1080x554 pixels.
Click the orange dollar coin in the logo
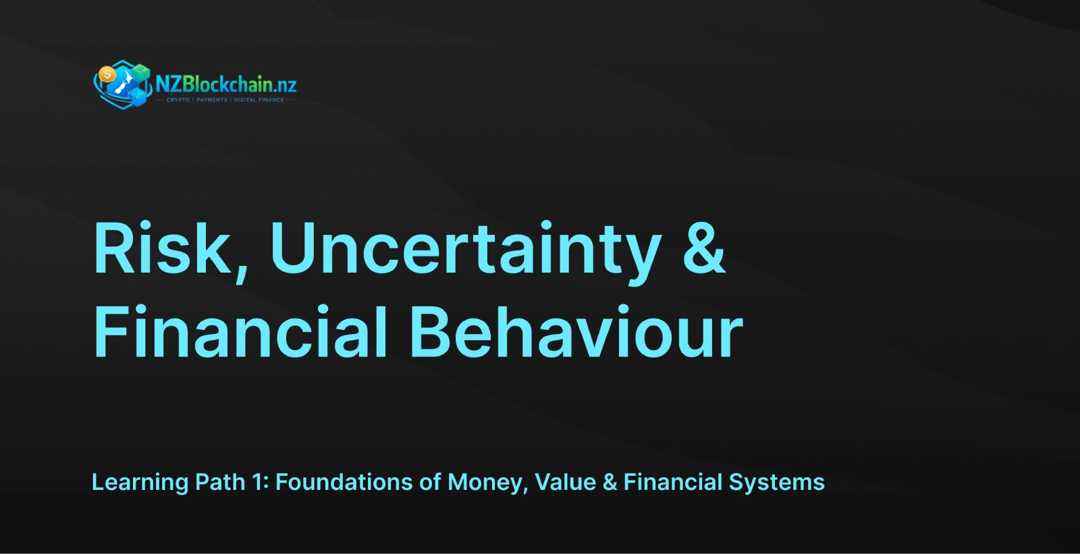coord(107,75)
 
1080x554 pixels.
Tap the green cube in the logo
coord(140,72)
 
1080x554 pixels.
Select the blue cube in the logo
coord(138,97)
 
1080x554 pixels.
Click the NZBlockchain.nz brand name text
coord(226,85)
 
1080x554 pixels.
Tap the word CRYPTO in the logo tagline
coord(178,100)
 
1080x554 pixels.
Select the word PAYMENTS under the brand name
coord(212,100)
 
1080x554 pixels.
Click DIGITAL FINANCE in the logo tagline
coord(259,100)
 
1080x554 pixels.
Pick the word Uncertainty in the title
coord(466,252)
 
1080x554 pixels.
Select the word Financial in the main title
coord(240,332)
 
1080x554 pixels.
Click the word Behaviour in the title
coord(576,332)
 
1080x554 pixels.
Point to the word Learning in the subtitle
coord(140,483)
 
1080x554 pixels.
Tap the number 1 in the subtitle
coord(261,482)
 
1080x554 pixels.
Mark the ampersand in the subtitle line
coord(610,482)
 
